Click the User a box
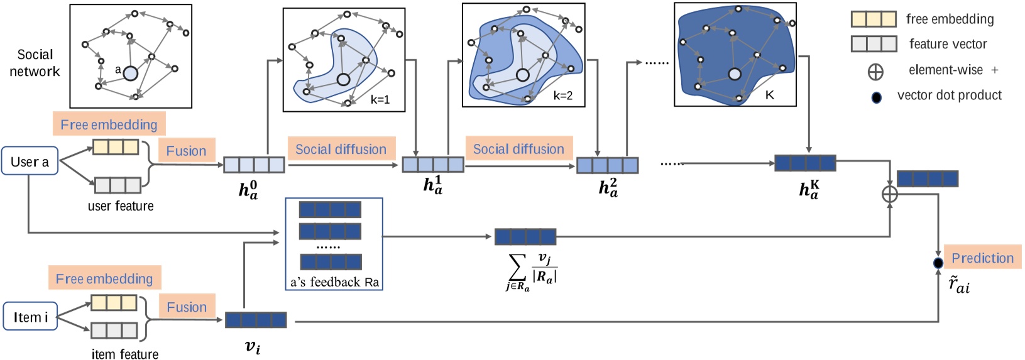[x=30, y=161]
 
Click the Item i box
[x=30, y=317]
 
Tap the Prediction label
[x=982, y=258]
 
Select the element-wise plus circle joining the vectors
[x=890, y=195]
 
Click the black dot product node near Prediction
[x=938, y=263]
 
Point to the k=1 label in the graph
[x=380, y=100]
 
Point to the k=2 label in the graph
[x=562, y=96]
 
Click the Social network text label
[x=35, y=63]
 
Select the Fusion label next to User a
[x=186, y=151]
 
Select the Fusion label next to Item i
[x=187, y=307]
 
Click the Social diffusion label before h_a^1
[x=341, y=149]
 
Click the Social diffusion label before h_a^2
[x=518, y=149]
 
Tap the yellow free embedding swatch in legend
[x=873, y=19]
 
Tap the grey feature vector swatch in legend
[x=873, y=44]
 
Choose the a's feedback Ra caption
[x=334, y=282]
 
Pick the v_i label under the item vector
[x=252, y=346]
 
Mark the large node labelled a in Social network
[x=130, y=74]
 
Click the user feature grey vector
[x=118, y=185]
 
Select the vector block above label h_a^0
[x=254, y=165]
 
